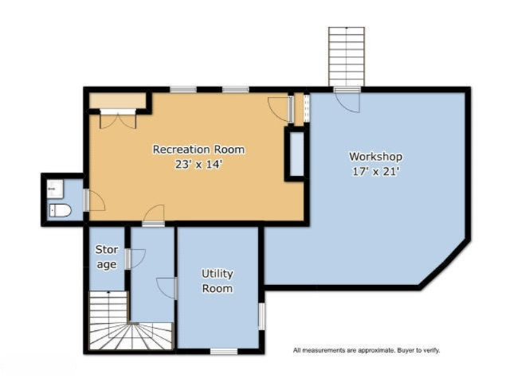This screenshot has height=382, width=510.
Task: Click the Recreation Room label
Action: coord(198,150)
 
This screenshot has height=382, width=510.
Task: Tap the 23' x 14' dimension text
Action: coord(198,165)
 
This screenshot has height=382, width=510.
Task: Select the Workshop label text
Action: coord(375,157)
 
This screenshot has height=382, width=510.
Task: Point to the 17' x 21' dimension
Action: coord(375,172)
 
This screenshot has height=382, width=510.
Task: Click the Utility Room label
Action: coord(218,281)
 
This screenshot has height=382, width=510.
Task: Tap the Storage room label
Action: coord(107,257)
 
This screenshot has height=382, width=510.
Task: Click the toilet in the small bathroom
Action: coord(61,210)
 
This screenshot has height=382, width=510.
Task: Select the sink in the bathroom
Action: coord(55,189)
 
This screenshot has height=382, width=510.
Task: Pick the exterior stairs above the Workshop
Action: coord(347,57)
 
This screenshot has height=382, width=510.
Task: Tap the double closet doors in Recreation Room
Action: coord(118,119)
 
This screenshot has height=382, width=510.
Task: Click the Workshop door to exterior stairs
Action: coord(348,100)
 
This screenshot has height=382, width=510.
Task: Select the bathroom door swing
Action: coord(95,201)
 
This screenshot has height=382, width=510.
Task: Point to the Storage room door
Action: coord(135,259)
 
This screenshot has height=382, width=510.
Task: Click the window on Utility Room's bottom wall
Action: coord(224,352)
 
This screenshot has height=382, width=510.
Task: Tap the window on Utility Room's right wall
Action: coord(261,317)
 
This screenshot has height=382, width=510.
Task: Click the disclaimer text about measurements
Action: coord(367,350)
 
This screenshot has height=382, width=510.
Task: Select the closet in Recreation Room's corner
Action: coord(117,101)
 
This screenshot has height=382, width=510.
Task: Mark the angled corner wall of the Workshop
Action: coord(445,264)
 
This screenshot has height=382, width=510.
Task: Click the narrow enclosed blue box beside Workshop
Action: coord(296,154)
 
